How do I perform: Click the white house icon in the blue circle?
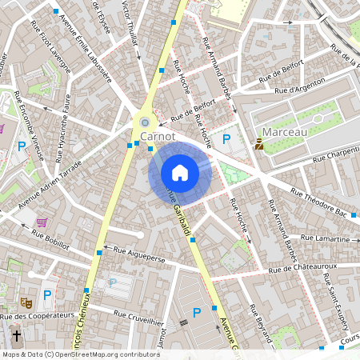click(180, 172)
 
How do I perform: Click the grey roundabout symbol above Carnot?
click(144, 122)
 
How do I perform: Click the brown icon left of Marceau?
click(259, 144)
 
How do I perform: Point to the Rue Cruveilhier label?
click(136, 320)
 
